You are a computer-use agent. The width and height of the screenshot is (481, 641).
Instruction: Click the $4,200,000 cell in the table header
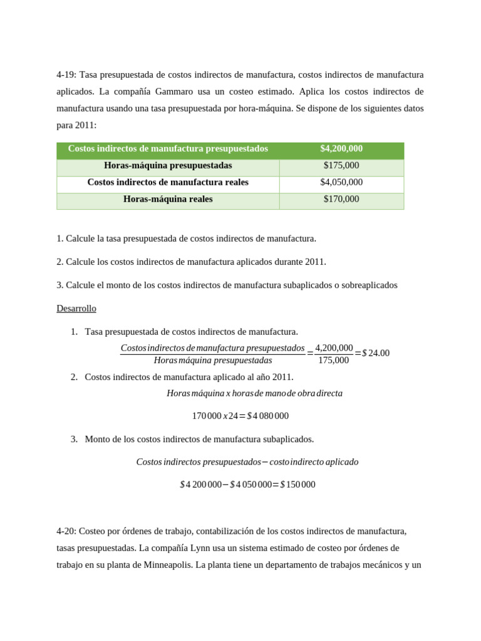tap(341, 149)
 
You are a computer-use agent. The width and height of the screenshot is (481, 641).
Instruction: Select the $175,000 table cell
tap(341, 166)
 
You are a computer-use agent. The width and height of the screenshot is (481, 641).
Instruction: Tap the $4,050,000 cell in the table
tap(341, 182)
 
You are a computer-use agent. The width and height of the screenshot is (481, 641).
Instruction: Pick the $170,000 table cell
tap(341, 199)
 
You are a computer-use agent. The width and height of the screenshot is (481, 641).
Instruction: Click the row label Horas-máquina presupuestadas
tap(168, 166)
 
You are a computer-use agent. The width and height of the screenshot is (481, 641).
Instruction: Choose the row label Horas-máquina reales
tap(168, 199)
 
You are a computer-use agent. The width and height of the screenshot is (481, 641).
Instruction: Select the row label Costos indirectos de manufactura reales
tap(168, 182)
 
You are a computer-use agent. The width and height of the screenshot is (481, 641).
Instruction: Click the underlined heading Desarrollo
tap(76, 309)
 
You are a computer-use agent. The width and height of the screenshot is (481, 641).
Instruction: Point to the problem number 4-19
tap(66, 75)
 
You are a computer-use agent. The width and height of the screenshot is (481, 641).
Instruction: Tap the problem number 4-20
tap(66, 531)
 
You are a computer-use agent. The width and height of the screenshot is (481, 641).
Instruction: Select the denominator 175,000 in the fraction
tap(333, 360)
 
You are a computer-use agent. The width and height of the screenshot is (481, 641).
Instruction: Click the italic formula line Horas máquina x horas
tap(254, 394)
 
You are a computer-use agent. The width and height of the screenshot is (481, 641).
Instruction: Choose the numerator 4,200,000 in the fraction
tap(334, 348)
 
